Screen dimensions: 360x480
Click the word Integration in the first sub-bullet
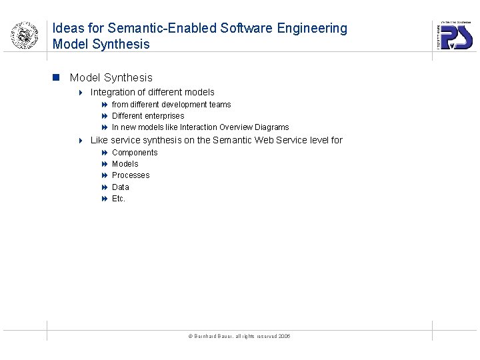point(113,92)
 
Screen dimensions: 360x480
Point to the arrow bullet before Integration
point(80,92)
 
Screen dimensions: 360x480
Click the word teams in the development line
point(219,105)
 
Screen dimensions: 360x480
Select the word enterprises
point(163,116)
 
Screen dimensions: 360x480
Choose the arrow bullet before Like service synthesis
point(80,141)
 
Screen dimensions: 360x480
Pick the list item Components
point(135,153)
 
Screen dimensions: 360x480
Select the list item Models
point(125,164)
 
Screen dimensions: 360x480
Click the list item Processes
point(131,175)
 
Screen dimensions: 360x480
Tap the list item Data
point(121,187)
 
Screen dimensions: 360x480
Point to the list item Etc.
point(119,199)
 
